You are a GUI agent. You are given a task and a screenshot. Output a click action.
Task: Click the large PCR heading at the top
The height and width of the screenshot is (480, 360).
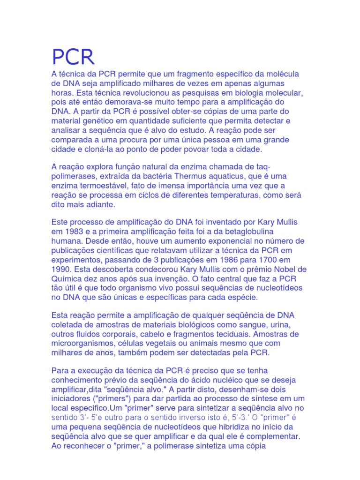73,57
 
